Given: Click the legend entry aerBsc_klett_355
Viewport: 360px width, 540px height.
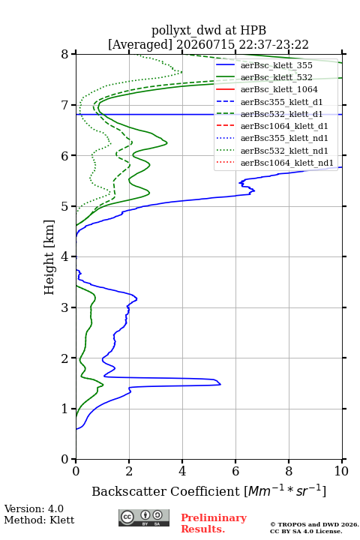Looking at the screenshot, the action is coord(276,65).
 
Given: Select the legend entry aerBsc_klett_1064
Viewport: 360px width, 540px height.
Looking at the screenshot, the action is coord(279,89).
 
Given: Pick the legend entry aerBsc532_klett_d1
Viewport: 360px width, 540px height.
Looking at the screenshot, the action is coord(281,114).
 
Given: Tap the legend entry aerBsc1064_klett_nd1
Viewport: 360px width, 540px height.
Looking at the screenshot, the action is coord(287,163).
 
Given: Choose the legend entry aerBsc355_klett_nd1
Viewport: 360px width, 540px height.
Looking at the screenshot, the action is coord(284,138).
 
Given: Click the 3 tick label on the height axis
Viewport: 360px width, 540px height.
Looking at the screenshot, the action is coord(64,307).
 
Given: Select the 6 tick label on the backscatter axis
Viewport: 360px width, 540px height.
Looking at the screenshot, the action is coord(235,471).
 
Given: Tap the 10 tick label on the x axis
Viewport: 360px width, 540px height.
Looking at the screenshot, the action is coord(341,471).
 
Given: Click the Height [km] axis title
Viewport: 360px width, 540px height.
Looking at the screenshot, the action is coord(49,257).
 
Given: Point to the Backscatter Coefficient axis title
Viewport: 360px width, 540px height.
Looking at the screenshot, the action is coord(208,490).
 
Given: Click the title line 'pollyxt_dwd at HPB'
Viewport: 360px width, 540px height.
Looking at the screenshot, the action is coord(208,30).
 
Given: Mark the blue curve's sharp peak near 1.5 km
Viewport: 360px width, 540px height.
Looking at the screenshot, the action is coord(220,384).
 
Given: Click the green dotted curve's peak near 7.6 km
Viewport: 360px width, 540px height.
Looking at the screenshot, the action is coord(181,72).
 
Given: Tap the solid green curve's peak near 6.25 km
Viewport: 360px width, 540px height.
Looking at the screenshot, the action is coord(167,142).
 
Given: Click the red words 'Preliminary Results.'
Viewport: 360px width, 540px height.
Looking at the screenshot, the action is coord(214,523).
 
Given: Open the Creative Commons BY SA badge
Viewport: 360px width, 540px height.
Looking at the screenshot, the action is coord(144,517).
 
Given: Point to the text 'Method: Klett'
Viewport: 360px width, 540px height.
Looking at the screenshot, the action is coord(39,520).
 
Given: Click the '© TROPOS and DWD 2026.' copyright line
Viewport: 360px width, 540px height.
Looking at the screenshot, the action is coord(314,524).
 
